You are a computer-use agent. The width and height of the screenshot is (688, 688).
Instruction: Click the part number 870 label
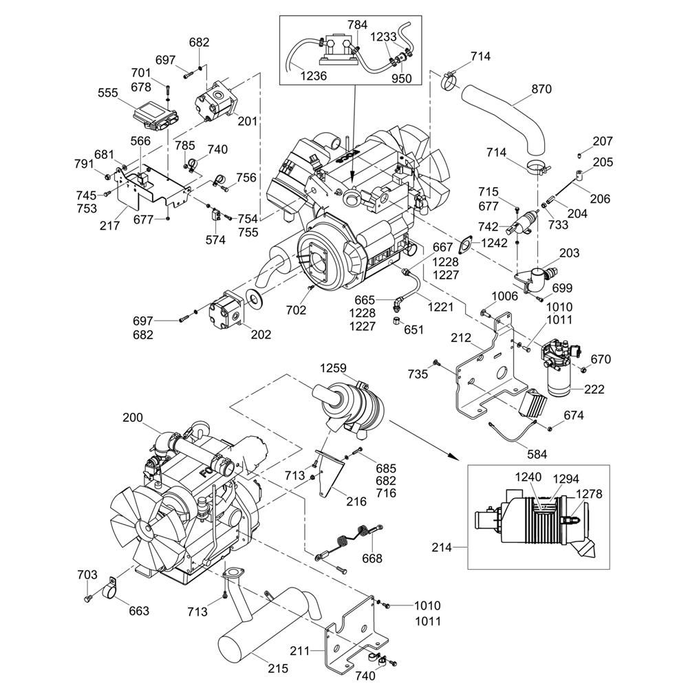[x=542, y=89]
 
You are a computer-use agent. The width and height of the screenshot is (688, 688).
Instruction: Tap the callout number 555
[x=108, y=93]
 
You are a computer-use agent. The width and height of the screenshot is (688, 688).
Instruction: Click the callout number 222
[x=594, y=389]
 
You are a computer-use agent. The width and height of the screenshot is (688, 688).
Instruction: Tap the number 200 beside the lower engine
[x=133, y=417]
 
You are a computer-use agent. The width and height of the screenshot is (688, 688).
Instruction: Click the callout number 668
[x=372, y=559]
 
